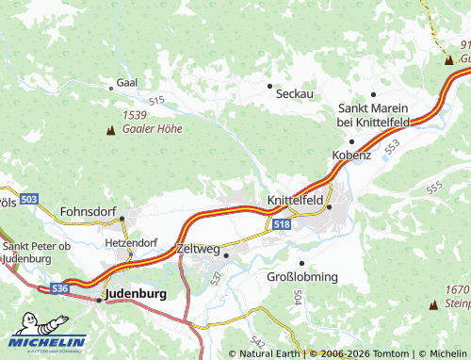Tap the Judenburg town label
click(x=137, y=294)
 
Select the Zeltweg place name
click(x=197, y=249)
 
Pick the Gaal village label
click(x=126, y=83)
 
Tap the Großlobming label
click(x=300, y=277)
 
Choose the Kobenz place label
click(x=351, y=155)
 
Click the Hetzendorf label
click(x=131, y=242)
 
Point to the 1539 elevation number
click(x=135, y=115)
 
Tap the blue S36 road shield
click(x=60, y=287)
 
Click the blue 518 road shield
click(x=281, y=224)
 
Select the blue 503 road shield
click(x=29, y=200)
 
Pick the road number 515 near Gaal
click(x=155, y=101)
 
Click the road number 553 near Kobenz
click(x=391, y=146)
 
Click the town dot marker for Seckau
click(x=269, y=85)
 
